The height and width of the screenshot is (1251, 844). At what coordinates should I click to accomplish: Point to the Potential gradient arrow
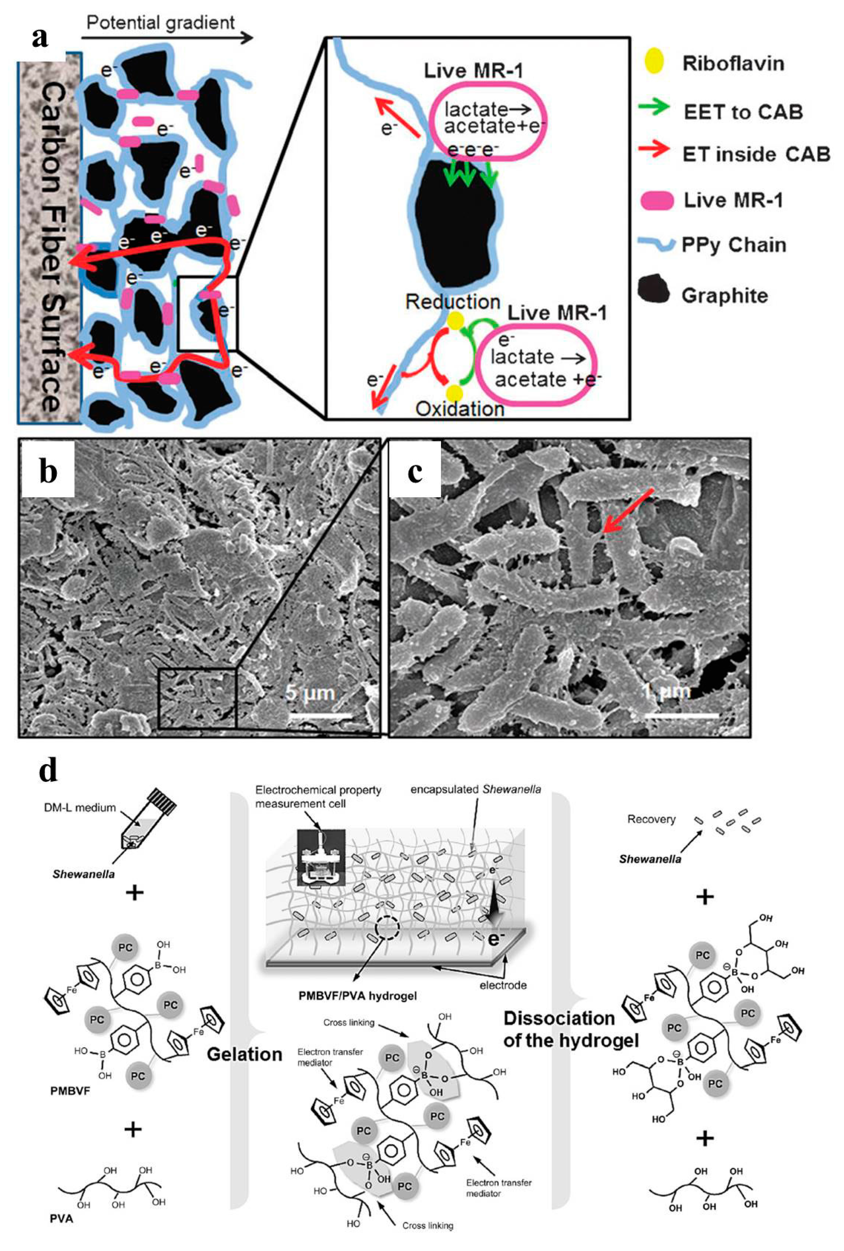167,37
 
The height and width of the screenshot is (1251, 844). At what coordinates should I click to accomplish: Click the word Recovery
651,819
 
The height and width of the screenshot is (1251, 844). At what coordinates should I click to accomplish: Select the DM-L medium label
80,807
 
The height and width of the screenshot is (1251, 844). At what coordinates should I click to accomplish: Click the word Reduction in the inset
453,302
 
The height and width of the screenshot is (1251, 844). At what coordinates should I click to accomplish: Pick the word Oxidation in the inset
460,409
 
